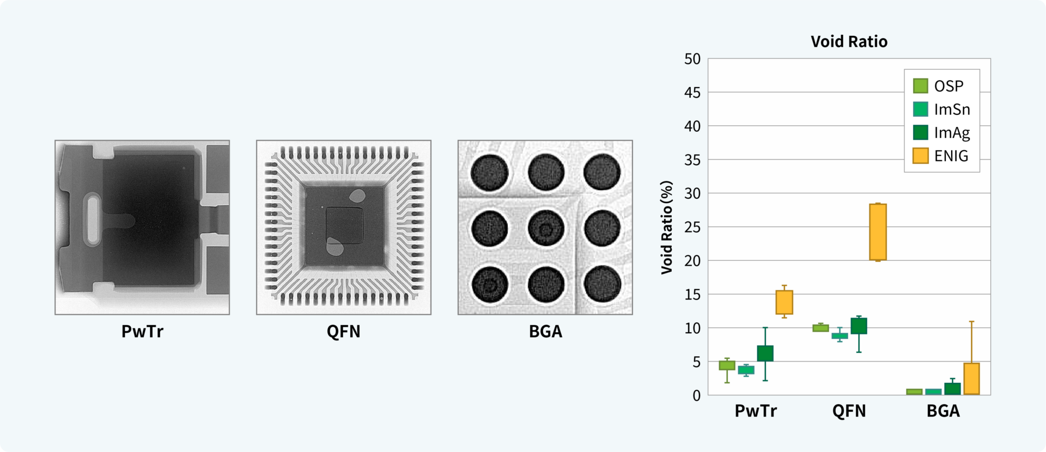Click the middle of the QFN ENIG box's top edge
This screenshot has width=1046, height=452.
click(x=878, y=204)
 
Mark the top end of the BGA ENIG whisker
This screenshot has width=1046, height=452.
click(x=971, y=322)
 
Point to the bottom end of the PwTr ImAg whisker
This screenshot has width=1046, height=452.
click(x=765, y=380)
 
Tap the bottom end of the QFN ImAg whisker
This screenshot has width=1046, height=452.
click(x=859, y=352)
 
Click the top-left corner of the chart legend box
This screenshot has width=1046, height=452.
click(x=904, y=69)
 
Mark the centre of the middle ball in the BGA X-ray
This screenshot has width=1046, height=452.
click(x=545, y=228)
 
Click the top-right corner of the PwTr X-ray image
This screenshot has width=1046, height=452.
click(x=229, y=141)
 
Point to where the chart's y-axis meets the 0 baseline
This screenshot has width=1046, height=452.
click(x=708, y=395)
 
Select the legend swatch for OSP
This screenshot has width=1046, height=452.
click(x=921, y=86)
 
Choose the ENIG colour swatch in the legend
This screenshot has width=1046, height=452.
click(x=921, y=156)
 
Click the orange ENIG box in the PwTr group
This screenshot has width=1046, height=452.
click(x=784, y=302)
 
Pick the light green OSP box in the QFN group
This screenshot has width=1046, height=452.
click(x=820, y=328)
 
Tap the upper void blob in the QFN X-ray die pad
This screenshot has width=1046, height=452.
click(x=357, y=196)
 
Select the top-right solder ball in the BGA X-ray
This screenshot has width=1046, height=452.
click(x=602, y=172)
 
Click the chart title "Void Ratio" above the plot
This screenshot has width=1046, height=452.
click(x=849, y=41)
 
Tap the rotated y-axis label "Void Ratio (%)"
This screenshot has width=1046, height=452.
click(x=667, y=227)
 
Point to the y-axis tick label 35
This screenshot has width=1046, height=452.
click(x=692, y=160)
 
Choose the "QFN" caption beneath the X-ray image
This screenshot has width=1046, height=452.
click(x=344, y=332)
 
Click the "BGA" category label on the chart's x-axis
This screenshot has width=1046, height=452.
click(x=943, y=411)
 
